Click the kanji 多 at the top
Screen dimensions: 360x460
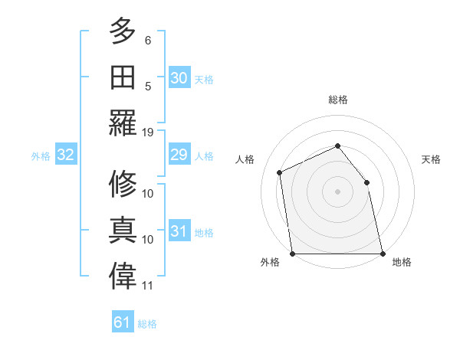click(x=123, y=32)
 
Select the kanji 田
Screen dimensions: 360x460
click(x=123, y=77)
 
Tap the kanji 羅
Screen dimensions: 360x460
click(x=123, y=123)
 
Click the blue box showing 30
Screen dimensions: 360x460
click(x=179, y=78)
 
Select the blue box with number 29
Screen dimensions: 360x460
click(x=179, y=155)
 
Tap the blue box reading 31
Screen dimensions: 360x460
click(x=179, y=231)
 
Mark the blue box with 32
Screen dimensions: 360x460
click(x=66, y=155)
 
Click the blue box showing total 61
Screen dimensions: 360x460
click(x=123, y=322)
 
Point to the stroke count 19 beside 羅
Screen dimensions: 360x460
click(x=148, y=132)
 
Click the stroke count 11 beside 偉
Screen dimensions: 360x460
click(x=148, y=286)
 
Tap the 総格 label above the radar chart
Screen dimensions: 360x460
click(x=337, y=99)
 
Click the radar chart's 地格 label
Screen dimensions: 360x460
click(x=402, y=262)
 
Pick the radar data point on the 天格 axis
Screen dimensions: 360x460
click(x=366, y=182)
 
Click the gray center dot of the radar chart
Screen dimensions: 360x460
click(x=337, y=191)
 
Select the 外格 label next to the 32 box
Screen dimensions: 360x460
click(x=41, y=156)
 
